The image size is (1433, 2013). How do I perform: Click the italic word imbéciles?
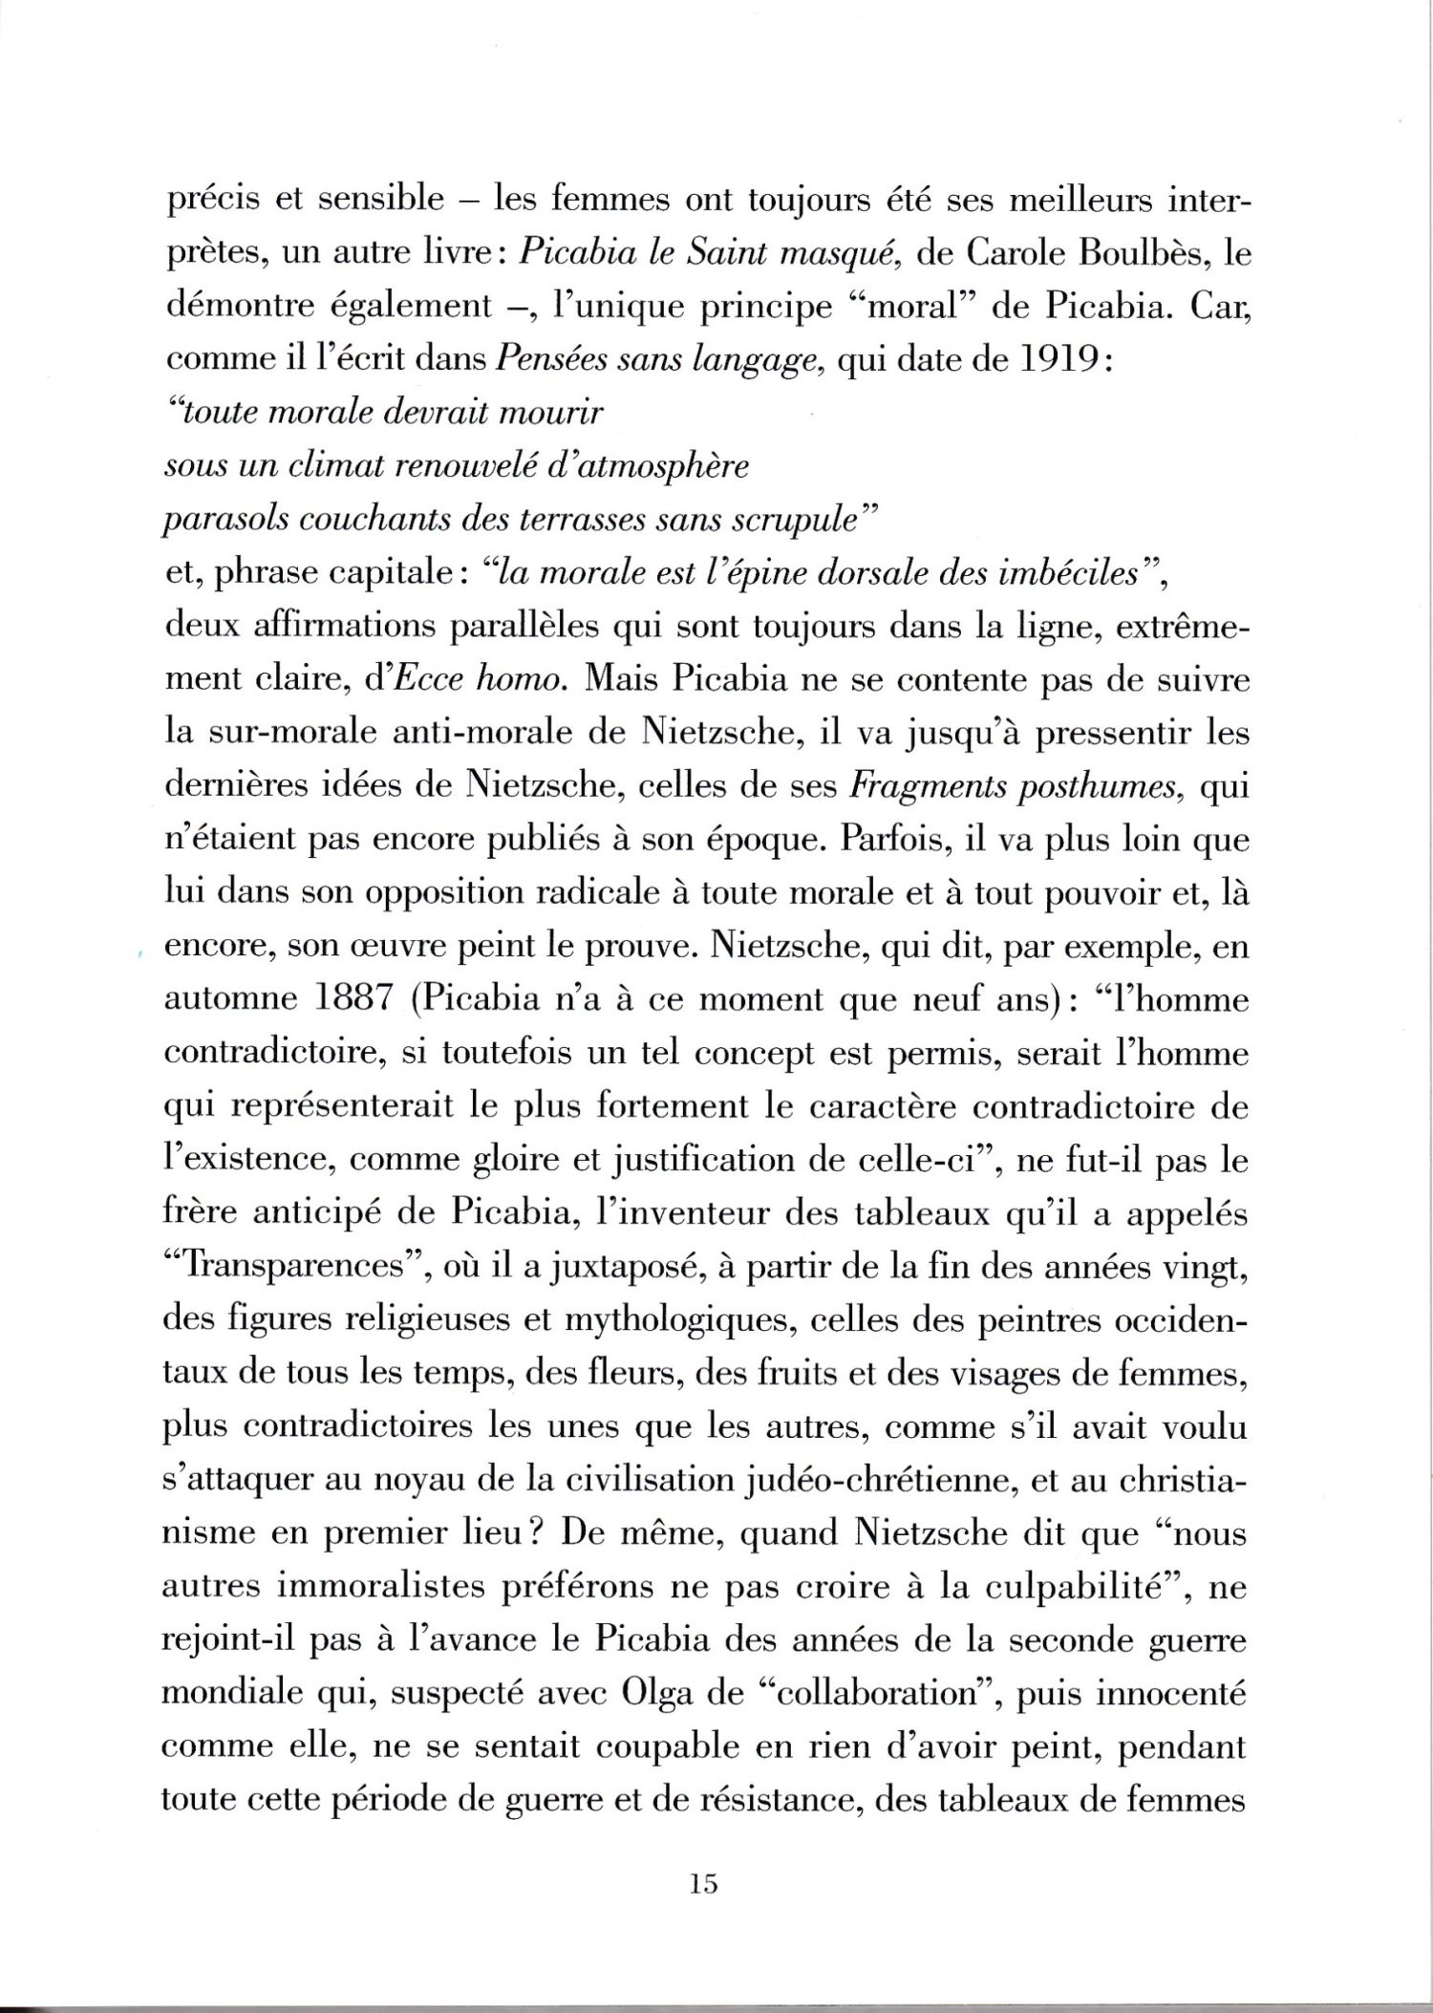[x=1070, y=573]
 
